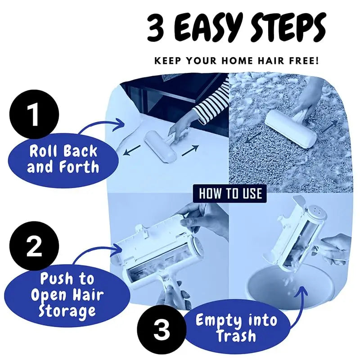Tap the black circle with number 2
pyautogui.click(x=34, y=247)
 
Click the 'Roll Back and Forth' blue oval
pyautogui.click(x=63, y=159)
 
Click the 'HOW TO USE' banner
pyautogui.click(x=230, y=194)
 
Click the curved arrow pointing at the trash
pyautogui.click(x=302, y=306)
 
